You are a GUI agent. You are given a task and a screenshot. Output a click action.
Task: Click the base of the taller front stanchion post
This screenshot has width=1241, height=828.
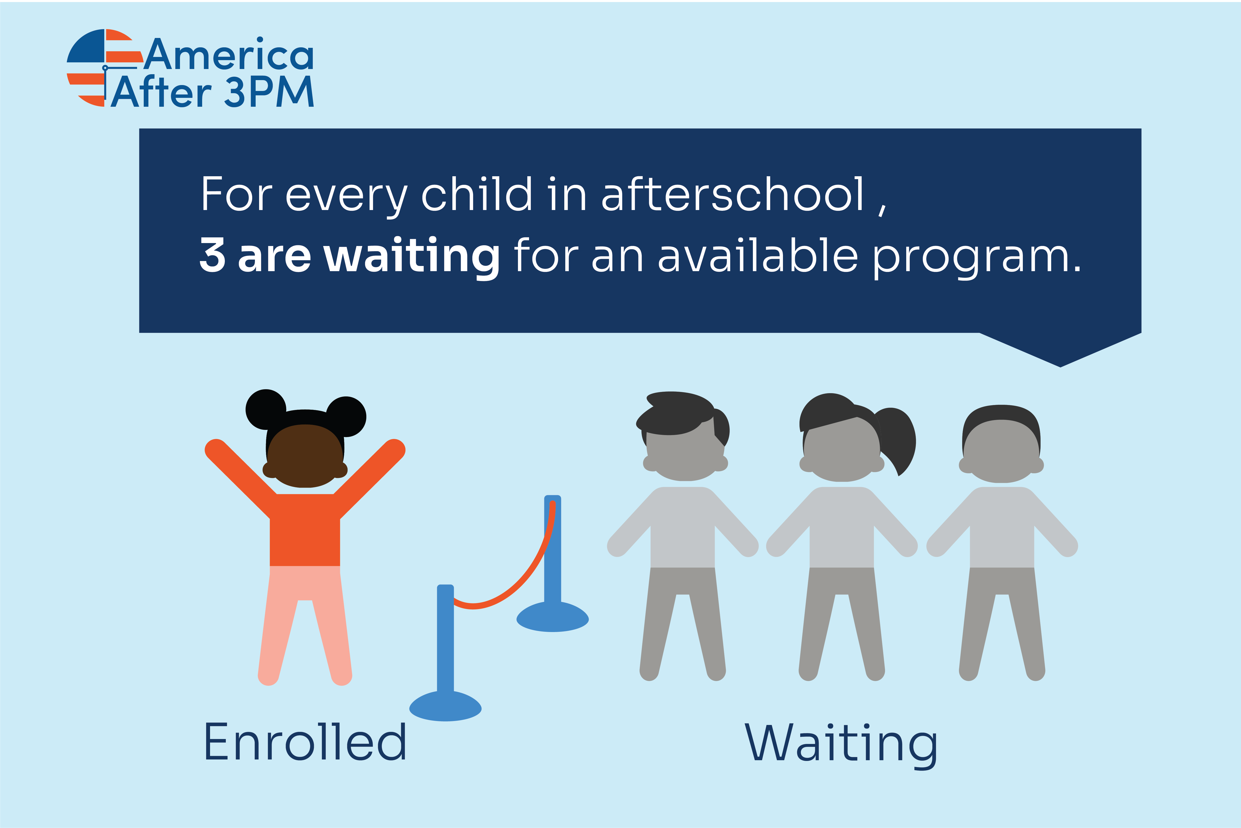[x=445, y=706]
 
